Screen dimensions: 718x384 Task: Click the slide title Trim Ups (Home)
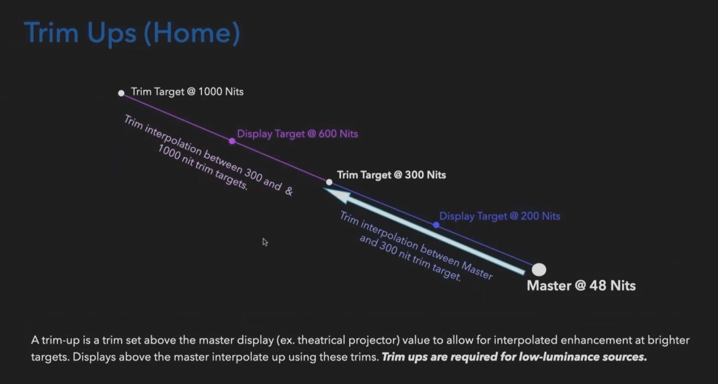click(132, 33)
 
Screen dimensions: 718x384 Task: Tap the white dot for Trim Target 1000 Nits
click(121, 93)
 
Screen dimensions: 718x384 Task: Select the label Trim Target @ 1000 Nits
click(187, 92)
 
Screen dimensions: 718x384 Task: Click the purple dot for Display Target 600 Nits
click(232, 141)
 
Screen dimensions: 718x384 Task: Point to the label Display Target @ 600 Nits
click(297, 134)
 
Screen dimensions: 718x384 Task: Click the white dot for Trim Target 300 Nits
click(329, 182)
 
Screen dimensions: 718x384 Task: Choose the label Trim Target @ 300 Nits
click(391, 175)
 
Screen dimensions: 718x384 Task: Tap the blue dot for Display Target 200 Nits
click(436, 225)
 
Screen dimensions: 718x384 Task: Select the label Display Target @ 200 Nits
click(500, 216)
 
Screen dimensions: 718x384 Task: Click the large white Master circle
click(539, 270)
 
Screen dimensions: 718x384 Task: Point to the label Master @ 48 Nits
click(581, 286)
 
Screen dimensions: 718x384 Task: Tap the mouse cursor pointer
click(265, 242)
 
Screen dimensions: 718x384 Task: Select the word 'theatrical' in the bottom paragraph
click(322, 340)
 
